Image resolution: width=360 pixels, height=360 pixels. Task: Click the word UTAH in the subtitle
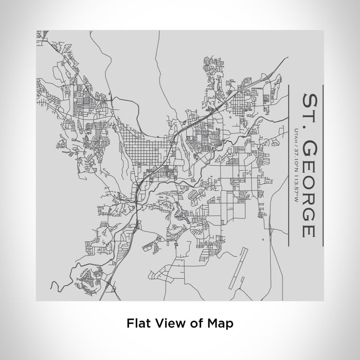pyautogui.click(x=296, y=135)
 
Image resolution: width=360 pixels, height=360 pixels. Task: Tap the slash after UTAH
pyautogui.click(x=296, y=145)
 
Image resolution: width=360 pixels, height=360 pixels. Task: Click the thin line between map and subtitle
pyautogui.click(x=290, y=165)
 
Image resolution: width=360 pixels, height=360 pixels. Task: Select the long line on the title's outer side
pyautogui.click(x=322, y=165)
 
